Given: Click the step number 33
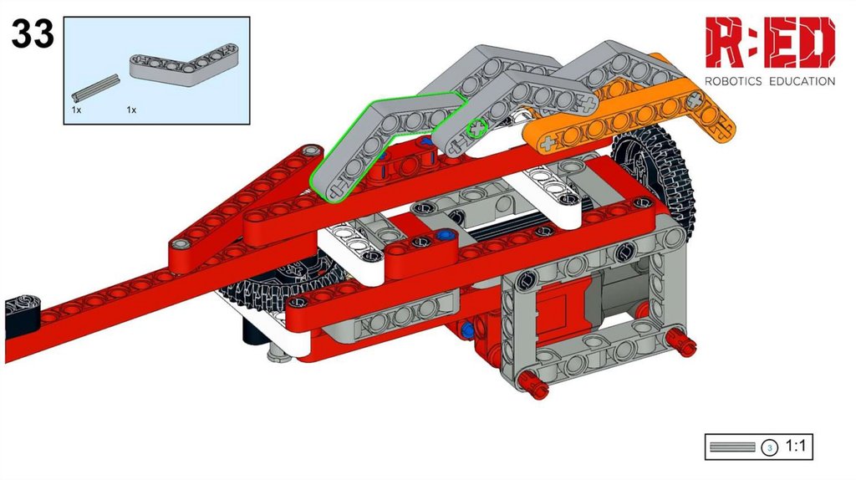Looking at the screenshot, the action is point(33,33).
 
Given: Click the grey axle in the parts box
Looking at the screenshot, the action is point(95,88).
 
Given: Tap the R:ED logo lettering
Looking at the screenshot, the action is point(770,43).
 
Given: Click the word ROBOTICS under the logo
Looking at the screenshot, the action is point(733,81).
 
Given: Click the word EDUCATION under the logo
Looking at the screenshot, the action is point(802,81).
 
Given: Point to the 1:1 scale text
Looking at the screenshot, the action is point(796,447).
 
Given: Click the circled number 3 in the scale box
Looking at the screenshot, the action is point(769,447).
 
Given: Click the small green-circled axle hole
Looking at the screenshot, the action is point(477,128).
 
